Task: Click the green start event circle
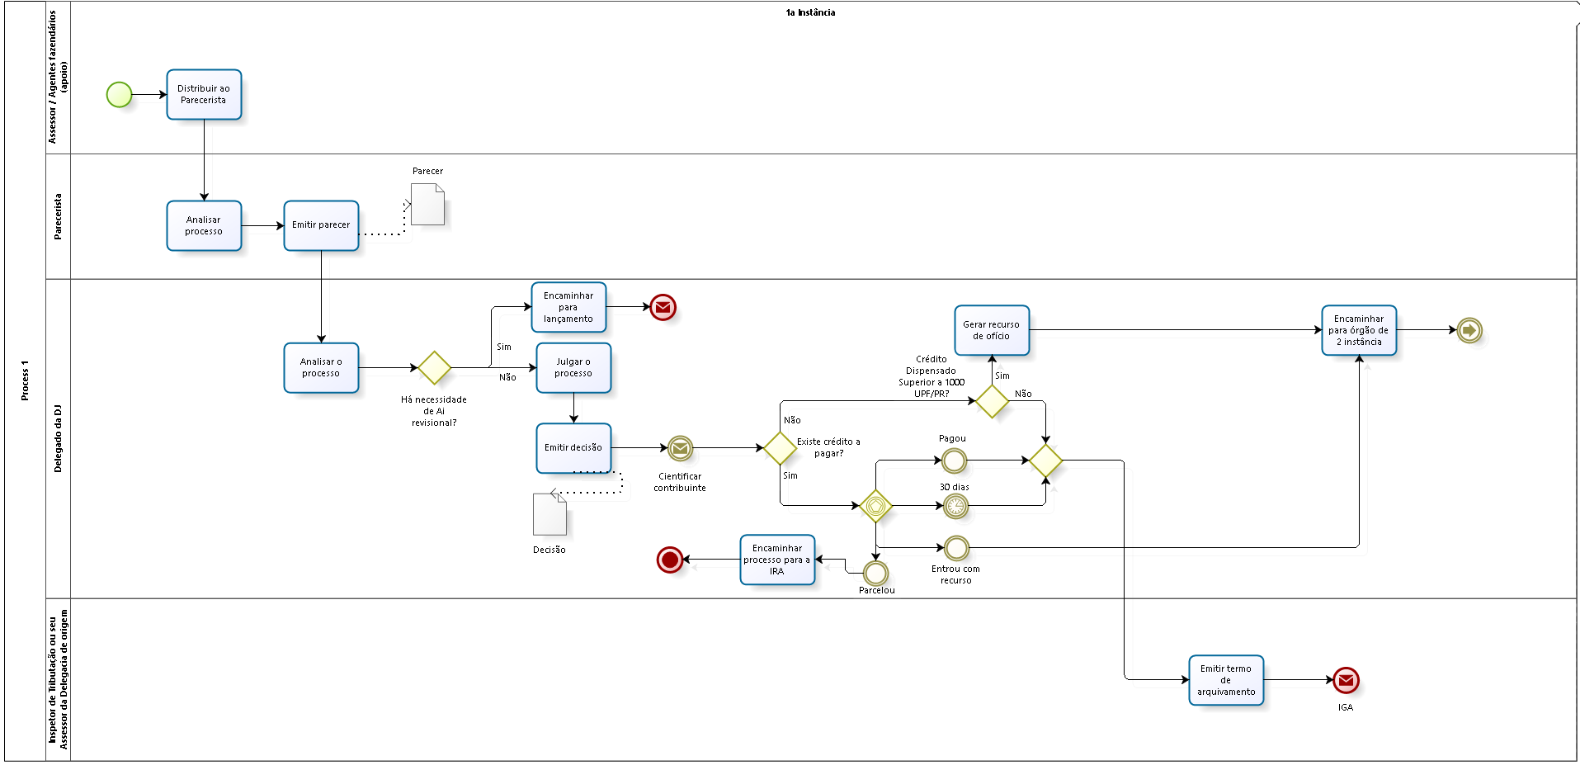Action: [x=119, y=95]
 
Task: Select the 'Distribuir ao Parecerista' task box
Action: [x=204, y=95]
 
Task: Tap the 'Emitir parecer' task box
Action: [x=321, y=225]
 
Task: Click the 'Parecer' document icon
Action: [x=427, y=205]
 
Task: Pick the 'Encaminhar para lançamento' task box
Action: [x=568, y=307]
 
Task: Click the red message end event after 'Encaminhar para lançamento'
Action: [x=663, y=307]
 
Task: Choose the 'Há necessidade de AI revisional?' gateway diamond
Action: [x=434, y=368]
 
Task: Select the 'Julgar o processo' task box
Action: [x=573, y=368]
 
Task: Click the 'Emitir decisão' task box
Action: [x=573, y=448]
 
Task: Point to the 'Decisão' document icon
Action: [x=549, y=514]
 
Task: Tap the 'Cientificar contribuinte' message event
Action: [x=680, y=448]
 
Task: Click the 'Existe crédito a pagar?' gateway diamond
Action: [x=780, y=448]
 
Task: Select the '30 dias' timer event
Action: [x=955, y=506]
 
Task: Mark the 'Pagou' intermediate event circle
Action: [x=954, y=461]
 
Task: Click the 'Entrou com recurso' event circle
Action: [x=956, y=548]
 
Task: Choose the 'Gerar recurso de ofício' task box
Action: [x=992, y=330]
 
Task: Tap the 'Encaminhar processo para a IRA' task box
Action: [x=777, y=560]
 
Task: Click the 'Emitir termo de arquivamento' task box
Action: [x=1226, y=680]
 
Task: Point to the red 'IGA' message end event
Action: [x=1346, y=680]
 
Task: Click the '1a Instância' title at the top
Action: [x=810, y=12]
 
